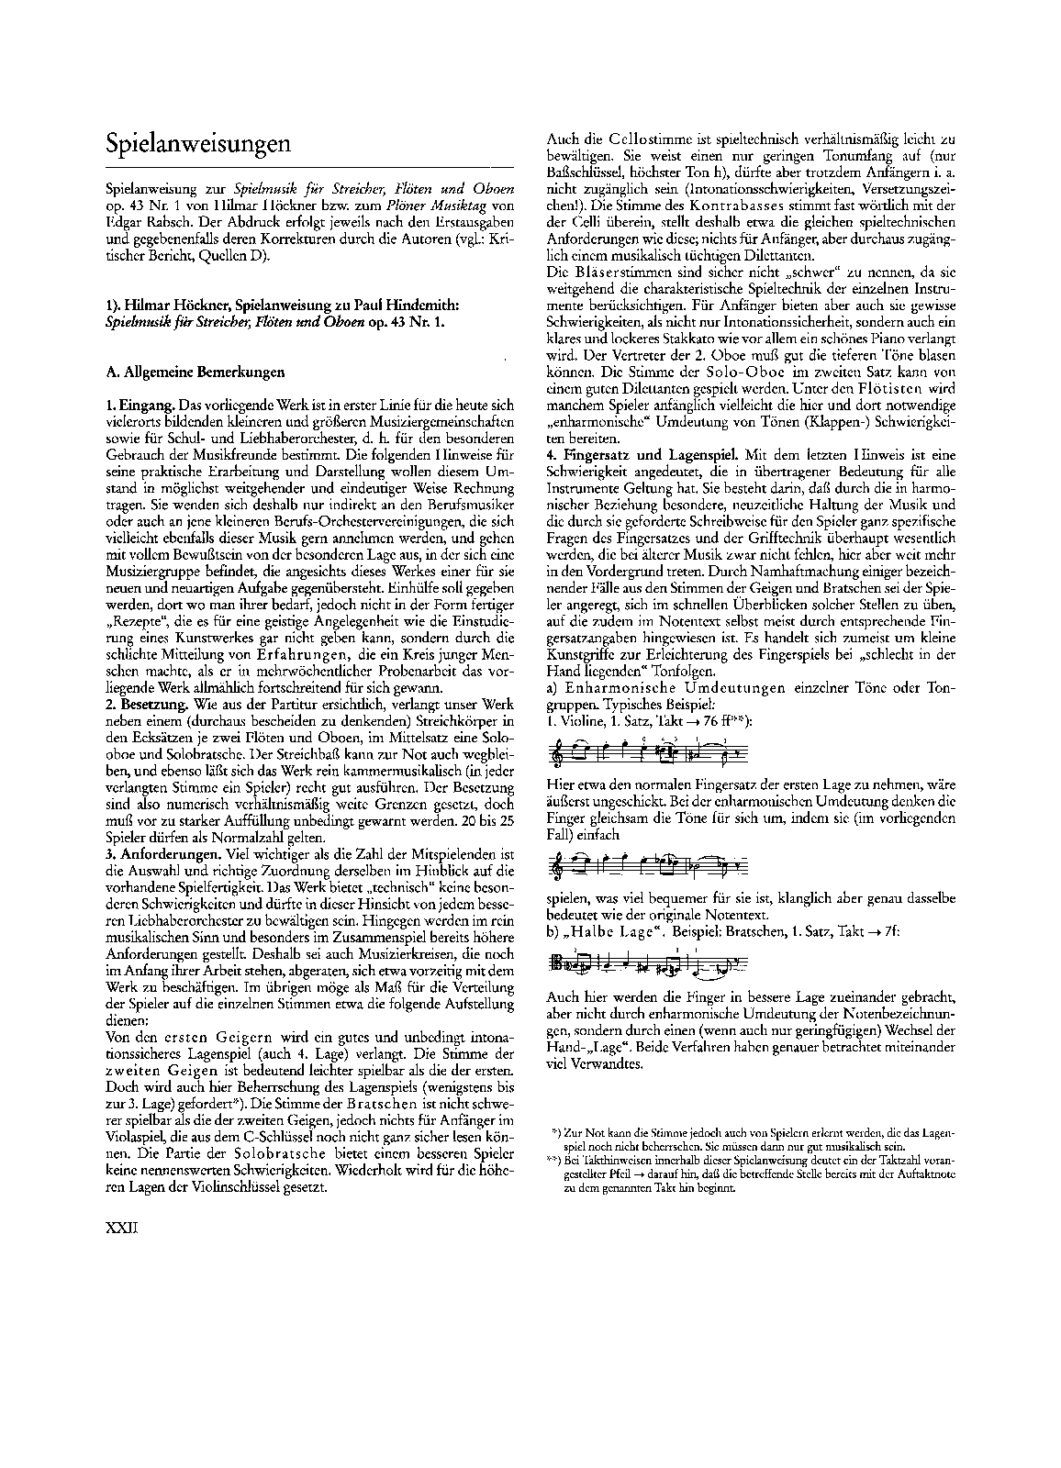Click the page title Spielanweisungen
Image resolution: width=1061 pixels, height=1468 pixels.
tap(199, 144)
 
